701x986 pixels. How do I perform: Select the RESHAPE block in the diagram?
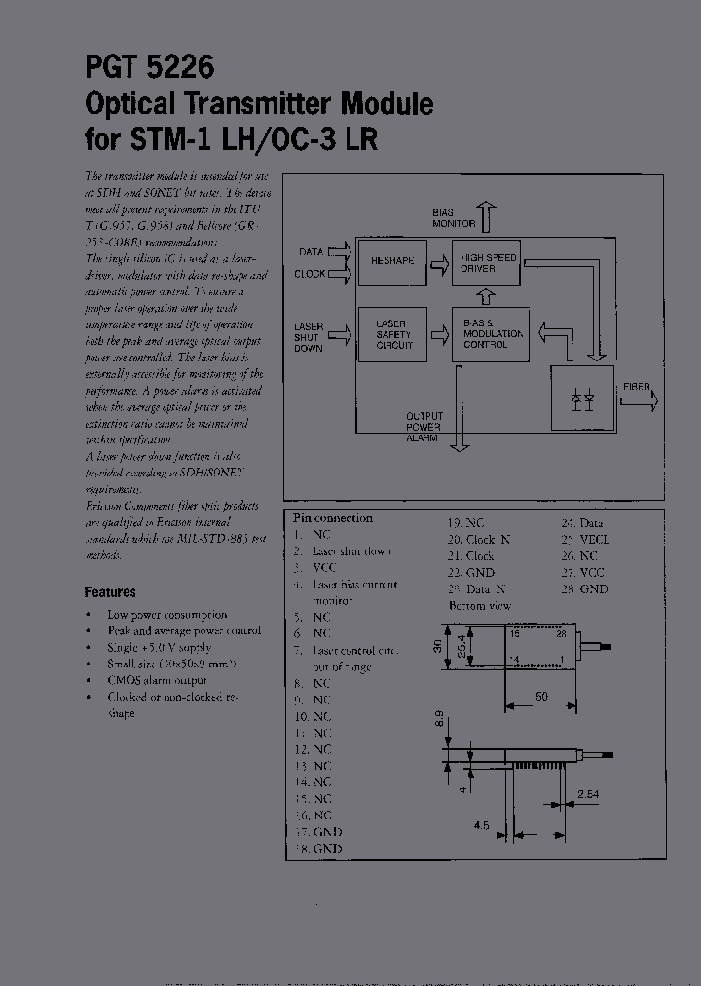[x=392, y=262]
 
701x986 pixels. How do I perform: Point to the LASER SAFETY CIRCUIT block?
[x=393, y=333]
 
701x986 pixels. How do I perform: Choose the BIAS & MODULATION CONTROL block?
[x=493, y=333]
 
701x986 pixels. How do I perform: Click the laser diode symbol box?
[x=582, y=398]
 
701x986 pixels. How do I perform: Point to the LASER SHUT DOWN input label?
[x=309, y=337]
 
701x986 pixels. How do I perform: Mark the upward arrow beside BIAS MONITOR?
[x=487, y=212]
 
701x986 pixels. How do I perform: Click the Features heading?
[x=110, y=591]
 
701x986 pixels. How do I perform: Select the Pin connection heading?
[x=333, y=518]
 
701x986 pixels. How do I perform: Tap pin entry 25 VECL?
[x=584, y=539]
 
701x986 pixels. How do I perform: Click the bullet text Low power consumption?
[x=166, y=615]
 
